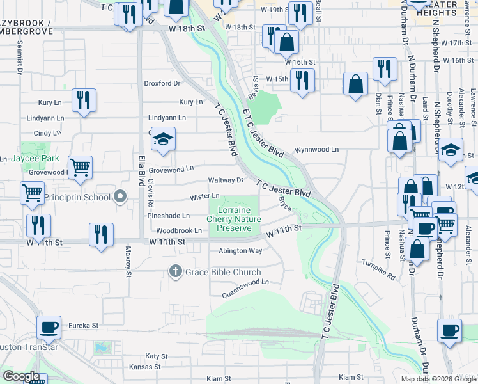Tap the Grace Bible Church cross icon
click(x=174, y=272)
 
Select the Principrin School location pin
click(x=119, y=197)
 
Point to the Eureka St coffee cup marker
click(x=49, y=328)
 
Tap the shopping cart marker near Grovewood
click(x=80, y=168)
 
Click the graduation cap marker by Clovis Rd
click(x=164, y=140)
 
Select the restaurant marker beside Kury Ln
click(x=84, y=100)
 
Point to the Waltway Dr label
click(x=226, y=180)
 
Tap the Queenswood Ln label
click(x=245, y=288)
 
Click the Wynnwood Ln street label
click(x=316, y=150)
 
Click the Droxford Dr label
click(x=162, y=83)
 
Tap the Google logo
click(x=22, y=376)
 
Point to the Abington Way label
click(x=240, y=251)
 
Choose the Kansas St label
click(x=144, y=367)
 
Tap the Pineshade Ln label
click(x=168, y=216)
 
